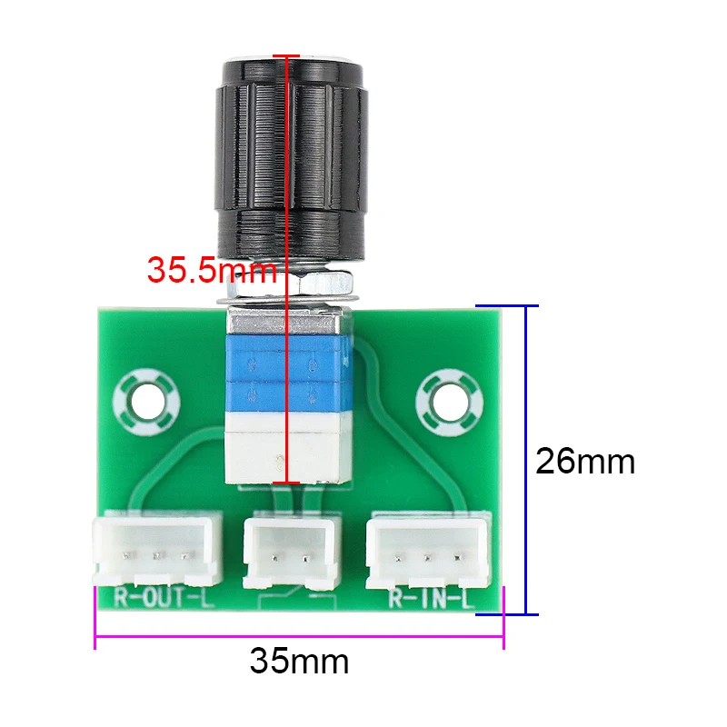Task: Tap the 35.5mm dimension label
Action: point(211,270)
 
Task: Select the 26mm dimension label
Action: point(584,462)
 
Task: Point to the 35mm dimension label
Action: point(299,661)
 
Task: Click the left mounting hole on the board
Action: point(145,398)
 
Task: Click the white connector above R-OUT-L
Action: point(157,551)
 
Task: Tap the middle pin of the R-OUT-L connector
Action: point(157,554)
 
